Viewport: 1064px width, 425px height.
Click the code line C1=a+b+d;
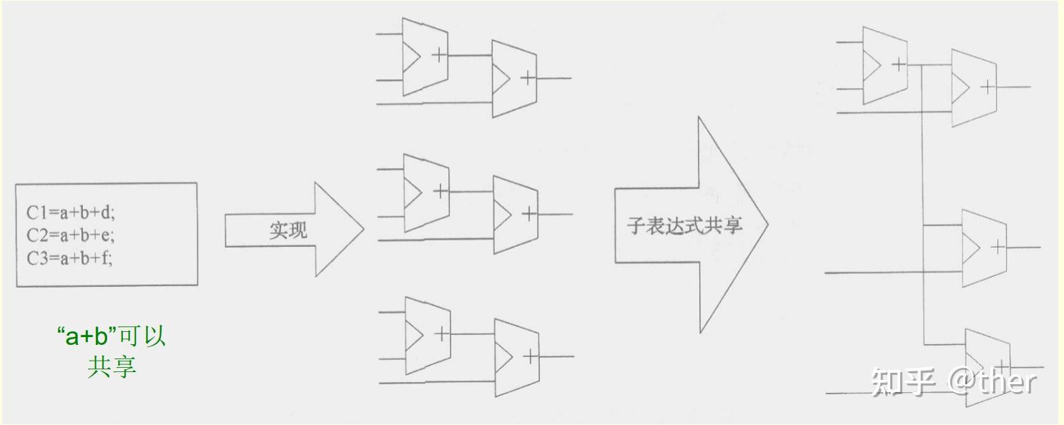(70, 212)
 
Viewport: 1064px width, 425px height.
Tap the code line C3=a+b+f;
(69, 258)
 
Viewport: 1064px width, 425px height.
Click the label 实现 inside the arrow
(288, 230)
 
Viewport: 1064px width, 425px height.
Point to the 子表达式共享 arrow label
(684, 226)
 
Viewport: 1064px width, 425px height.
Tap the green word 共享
(112, 366)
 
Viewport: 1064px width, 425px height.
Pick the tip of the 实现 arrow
(363, 230)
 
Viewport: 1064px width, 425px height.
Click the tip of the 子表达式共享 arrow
(767, 225)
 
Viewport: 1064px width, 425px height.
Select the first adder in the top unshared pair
(425, 57)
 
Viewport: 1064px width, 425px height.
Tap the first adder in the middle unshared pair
(426, 192)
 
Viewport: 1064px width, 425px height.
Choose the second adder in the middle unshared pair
(516, 214)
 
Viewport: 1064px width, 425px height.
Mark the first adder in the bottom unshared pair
(427, 335)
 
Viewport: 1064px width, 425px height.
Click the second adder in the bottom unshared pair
(516, 356)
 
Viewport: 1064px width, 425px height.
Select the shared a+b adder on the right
(885, 65)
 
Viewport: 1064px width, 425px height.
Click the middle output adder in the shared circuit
(984, 248)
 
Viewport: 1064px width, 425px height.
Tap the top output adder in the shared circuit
(974, 88)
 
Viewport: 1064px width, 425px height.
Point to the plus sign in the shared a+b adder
(899, 64)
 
